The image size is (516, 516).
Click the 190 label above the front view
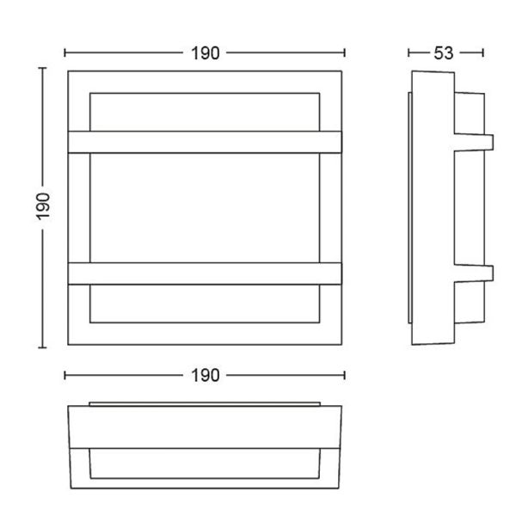click(206, 52)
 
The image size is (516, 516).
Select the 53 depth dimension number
click(443, 52)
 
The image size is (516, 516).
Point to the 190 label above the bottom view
click(206, 375)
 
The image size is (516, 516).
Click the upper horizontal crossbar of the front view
click(206, 142)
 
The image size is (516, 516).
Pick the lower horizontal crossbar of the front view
click(206, 273)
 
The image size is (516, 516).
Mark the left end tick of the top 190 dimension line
click(66, 52)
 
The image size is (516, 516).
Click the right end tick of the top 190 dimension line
click(345, 52)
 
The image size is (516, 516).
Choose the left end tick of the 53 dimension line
click(409, 52)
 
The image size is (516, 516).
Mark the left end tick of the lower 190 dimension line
click(66, 375)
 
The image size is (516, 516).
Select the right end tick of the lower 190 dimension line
click(345, 375)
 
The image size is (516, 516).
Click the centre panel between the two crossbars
click(206, 207)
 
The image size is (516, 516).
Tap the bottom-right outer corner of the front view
click(343, 345)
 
